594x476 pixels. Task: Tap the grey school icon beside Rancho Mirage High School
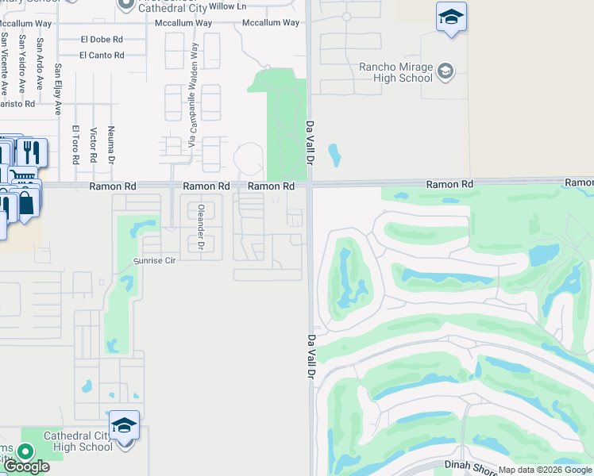tap(445, 72)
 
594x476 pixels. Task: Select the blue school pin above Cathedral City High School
tap(124, 427)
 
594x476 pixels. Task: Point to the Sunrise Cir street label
tap(153, 260)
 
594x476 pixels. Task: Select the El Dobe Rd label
tap(102, 39)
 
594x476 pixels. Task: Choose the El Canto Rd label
tap(102, 56)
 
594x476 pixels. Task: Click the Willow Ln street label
tap(228, 6)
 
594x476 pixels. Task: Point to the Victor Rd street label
tap(94, 144)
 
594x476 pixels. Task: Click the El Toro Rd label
tap(76, 144)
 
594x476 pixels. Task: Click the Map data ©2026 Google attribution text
tap(545, 470)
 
